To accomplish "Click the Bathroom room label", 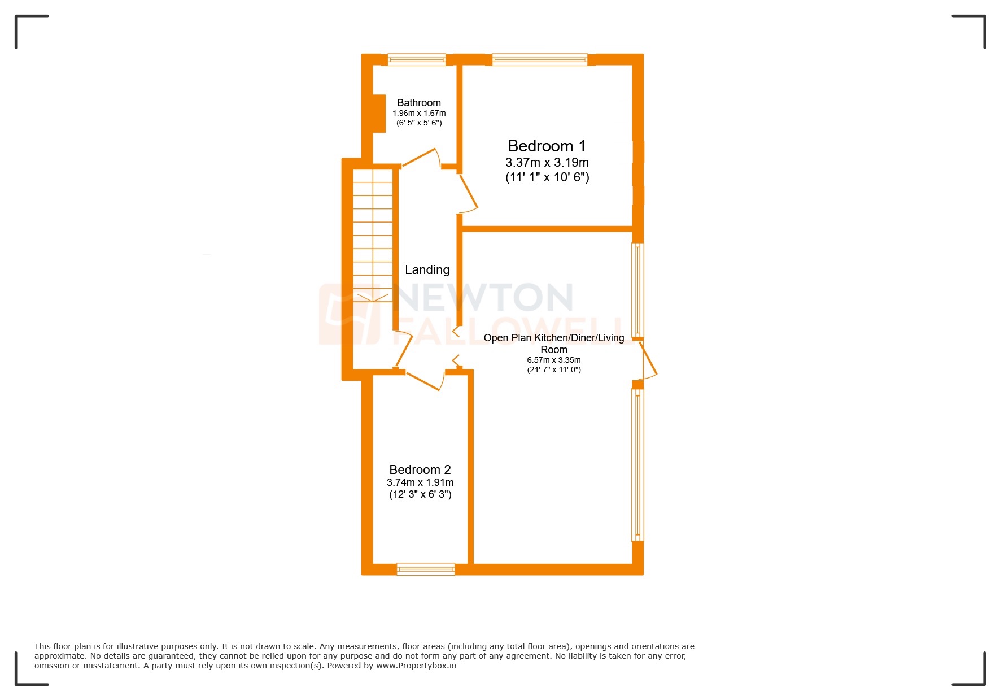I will point(418,102).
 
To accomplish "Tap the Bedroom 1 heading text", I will point(547,146).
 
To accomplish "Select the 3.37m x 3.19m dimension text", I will point(547,163).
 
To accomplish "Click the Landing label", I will point(427,270).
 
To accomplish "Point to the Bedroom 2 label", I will point(420,469).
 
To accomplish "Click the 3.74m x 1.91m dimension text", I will point(420,482).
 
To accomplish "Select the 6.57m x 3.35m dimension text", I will point(553,360).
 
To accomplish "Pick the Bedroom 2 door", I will point(423,380).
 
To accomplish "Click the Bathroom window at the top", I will point(416,59).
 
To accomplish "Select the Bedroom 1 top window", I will point(539,59).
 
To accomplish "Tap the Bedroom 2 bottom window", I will point(425,569).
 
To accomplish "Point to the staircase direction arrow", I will point(373,297).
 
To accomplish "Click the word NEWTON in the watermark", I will point(486,298).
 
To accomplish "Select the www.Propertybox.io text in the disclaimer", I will point(416,666).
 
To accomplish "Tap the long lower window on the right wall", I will point(637,463).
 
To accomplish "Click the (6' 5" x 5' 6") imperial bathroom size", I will point(418,123).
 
